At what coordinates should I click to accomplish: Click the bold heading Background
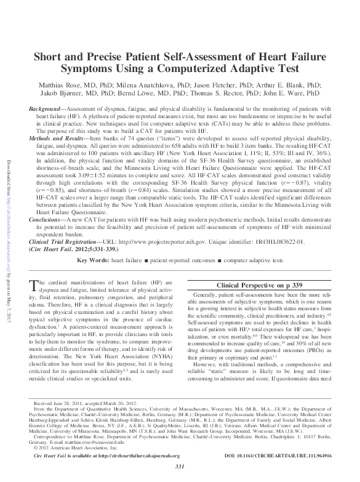click(48, 110)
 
